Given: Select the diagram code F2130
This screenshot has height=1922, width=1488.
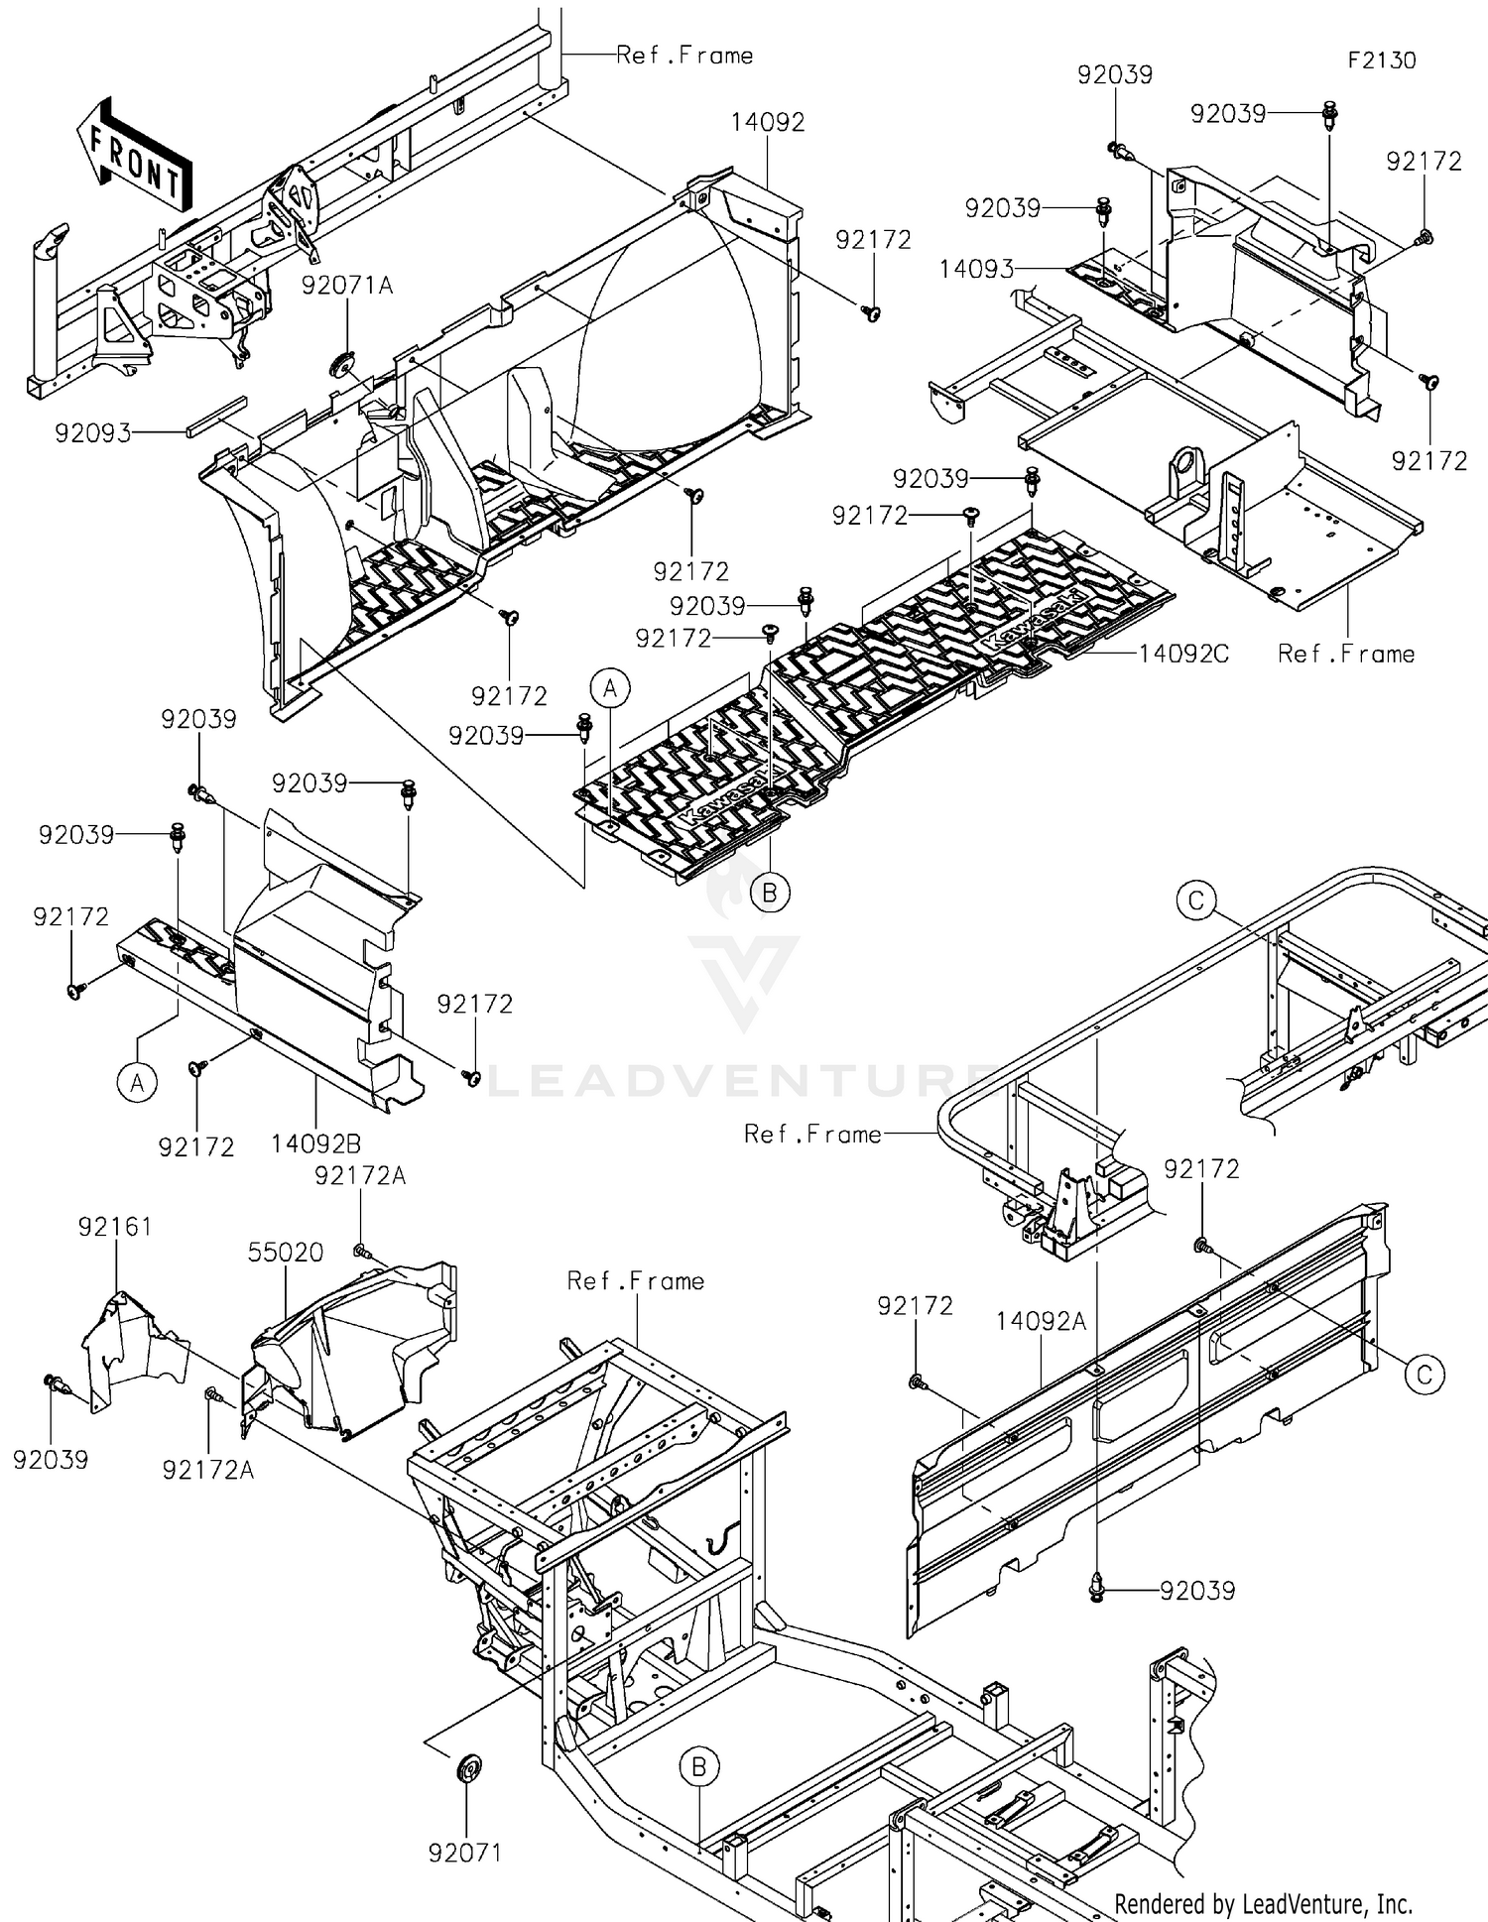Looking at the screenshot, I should coord(1381,60).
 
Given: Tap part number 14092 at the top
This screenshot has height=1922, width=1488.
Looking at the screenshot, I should coord(768,123).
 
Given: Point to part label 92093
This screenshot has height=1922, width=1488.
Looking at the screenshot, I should coord(93,433).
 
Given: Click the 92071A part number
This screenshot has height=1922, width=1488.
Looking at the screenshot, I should coord(347,286).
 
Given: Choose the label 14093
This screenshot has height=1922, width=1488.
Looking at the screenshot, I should coord(976,269).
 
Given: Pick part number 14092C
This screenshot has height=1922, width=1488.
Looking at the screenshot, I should coord(1182,654).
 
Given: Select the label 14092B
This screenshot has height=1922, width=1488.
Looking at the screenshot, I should coord(315,1144).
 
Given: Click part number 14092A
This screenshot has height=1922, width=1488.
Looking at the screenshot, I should coord(1041,1321).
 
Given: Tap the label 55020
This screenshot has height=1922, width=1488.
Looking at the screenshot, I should coord(286,1253).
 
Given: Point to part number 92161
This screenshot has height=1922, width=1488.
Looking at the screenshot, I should coord(115,1227).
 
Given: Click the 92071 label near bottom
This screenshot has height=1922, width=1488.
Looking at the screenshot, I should coord(465,1853).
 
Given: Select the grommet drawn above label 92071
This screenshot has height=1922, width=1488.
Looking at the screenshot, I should coord(468,1768).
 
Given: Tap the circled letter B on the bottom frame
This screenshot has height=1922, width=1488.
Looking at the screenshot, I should coord(698,1767).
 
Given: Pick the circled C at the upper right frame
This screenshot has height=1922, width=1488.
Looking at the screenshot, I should coord(1196,901).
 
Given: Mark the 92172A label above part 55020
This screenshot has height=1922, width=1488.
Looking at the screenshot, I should coord(360,1175).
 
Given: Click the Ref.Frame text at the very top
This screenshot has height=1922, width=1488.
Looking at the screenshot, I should coord(684,56).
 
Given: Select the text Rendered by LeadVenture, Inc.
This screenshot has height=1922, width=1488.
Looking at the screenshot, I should coord(1263,1903).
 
